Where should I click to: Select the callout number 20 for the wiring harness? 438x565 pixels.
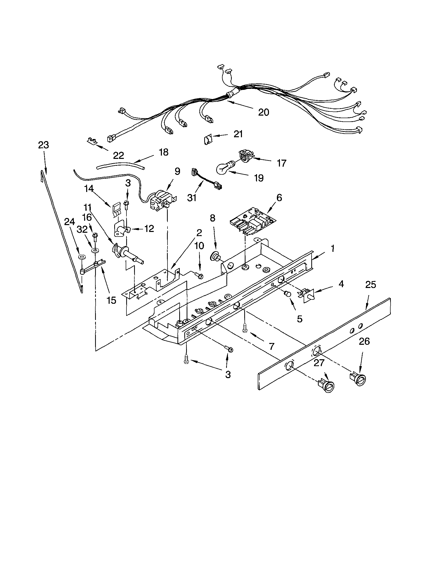tap(263, 112)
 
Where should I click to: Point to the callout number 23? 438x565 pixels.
tap(43, 145)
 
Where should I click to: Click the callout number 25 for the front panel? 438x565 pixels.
tap(370, 285)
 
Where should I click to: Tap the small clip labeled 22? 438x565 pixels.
tap(91, 141)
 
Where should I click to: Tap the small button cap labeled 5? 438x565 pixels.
tap(287, 294)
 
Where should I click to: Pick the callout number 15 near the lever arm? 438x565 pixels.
tap(111, 300)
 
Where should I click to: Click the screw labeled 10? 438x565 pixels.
tap(199, 275)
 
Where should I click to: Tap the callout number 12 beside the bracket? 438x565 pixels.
tap(149, 228)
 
